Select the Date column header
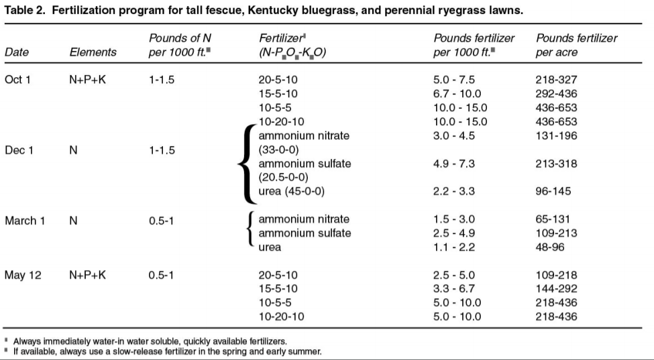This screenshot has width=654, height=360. (16, 52)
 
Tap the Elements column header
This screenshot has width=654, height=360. (93, 52)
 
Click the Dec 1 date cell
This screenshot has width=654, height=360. (19, 150)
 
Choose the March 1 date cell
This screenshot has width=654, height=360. (25, 220)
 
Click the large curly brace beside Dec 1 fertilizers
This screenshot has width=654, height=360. (246, 164)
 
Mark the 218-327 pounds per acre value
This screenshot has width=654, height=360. (556, 80)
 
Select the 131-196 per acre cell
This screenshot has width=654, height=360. (556, 136)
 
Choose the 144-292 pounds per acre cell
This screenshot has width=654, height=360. (556, 289)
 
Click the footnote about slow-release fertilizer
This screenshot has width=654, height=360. (168, 351)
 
